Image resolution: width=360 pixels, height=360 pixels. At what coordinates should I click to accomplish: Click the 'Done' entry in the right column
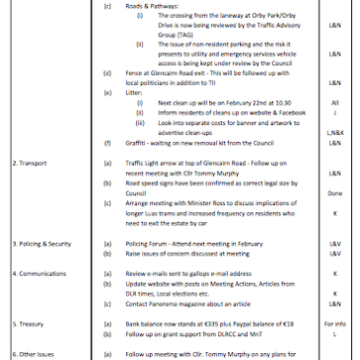pos(334,180)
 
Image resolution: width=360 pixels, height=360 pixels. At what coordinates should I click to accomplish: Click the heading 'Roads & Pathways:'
pos(152,6)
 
